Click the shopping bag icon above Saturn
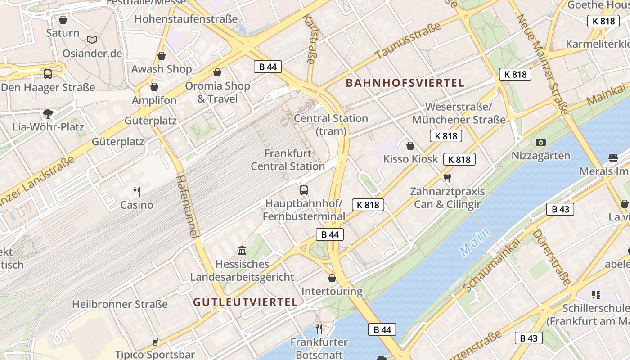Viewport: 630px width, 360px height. (x=63, y=20)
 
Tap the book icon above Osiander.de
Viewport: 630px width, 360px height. (x=92, y=40)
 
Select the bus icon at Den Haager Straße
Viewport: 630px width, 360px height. (x=47, y=74)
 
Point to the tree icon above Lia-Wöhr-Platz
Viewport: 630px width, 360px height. (x=48, y=113)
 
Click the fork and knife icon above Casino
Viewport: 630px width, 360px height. (x=137, y=192)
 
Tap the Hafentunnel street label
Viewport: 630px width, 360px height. (x=187, y=207)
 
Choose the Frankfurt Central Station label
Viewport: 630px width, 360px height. (x=288, y=160)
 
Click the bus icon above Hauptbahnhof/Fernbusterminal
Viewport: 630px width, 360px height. (x=304, y=190)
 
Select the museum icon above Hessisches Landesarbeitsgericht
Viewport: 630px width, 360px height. (x=242, y=250)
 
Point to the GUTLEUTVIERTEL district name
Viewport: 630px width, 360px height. (x=246, y=302)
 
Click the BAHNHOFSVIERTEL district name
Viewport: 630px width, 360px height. (x=405, y=83)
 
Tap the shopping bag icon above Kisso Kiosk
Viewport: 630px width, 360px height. (x=410, y=145)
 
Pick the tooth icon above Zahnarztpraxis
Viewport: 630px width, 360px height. (x=447, y=178)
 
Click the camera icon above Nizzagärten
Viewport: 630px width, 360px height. (x=541, y=143)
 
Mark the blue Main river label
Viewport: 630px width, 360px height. (x=475, y=242)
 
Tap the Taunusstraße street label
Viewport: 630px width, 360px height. (x=408, y=41)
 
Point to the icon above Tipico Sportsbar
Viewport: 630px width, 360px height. (x=155, y=341)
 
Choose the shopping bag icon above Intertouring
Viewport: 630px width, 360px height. (x=332, y=278)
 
